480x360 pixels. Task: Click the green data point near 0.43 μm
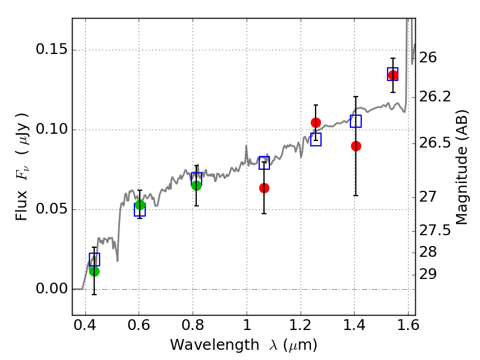[x=94, y=271]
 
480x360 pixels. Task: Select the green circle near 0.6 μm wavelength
[x=140, y=205]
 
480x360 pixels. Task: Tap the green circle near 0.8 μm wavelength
[x=197, y=185]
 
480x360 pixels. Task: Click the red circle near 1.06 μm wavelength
[x=264, y=188]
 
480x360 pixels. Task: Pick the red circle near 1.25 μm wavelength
[x=316, y=123]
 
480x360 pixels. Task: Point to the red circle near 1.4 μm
[x=356, y=146]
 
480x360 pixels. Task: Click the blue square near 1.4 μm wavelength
[x=356, y=121]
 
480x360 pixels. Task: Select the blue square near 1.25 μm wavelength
[x=316, y=139]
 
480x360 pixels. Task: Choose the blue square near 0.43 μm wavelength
[x=94, y=259]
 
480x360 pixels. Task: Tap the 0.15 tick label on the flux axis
[x=52, y=49]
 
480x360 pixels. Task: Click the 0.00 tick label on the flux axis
[x=52, y=289]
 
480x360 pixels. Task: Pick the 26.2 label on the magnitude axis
[x=434, y=97]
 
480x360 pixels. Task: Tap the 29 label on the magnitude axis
[x=428, y=274]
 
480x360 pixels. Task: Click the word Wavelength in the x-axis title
[x=215, y=345]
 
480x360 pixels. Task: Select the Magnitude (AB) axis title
[x=461, y=167]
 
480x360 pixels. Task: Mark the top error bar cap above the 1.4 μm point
[x=356, y=97]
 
